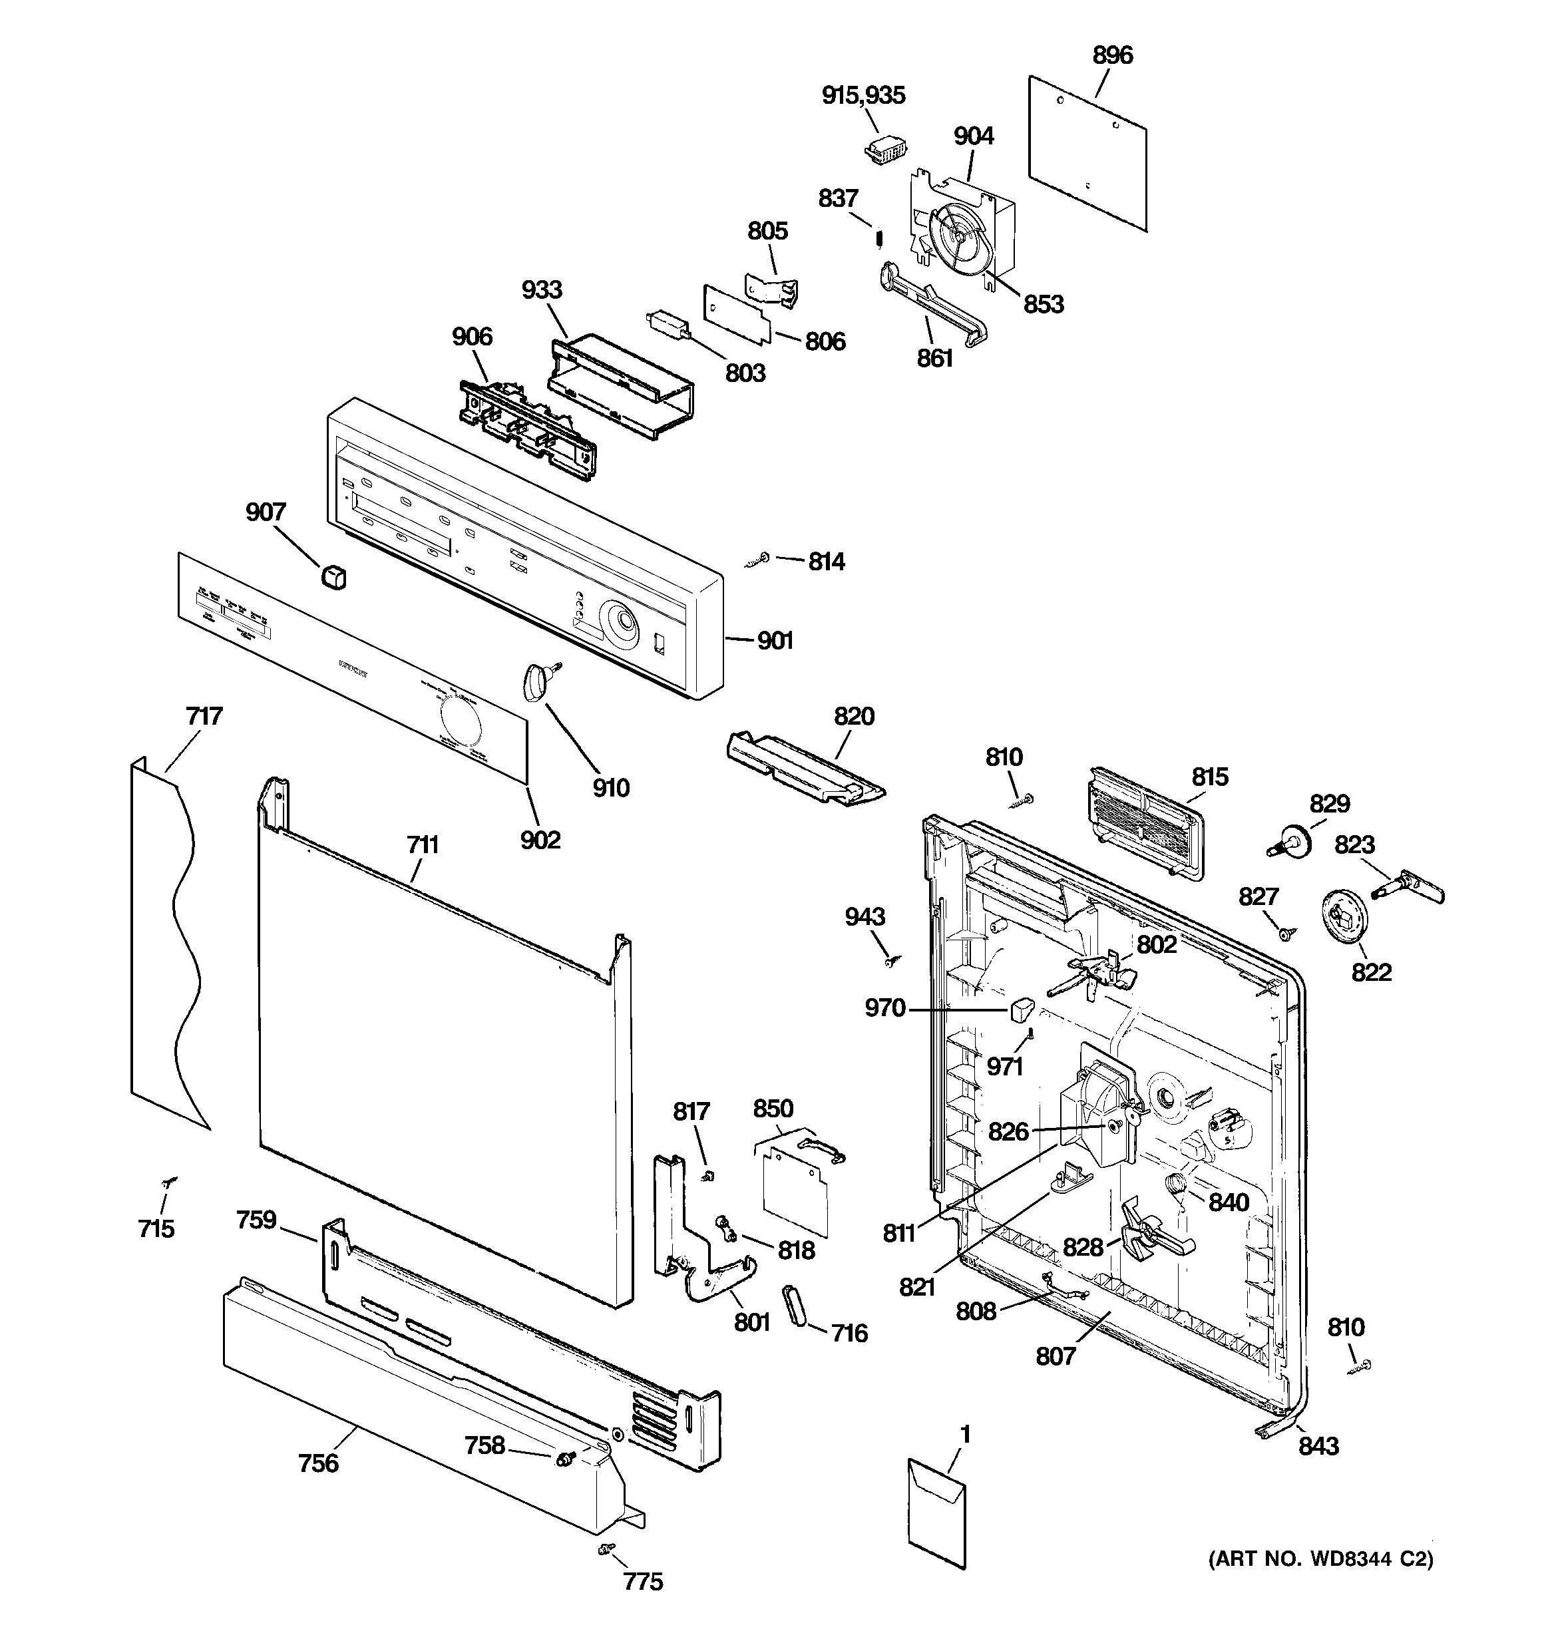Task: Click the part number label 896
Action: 1111,55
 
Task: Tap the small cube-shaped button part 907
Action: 333,576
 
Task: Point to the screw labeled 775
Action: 606,1549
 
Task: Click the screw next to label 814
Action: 757,561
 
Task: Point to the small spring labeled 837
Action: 880,240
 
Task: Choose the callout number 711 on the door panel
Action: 423,845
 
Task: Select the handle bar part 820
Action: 804,767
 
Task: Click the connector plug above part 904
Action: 885,151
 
